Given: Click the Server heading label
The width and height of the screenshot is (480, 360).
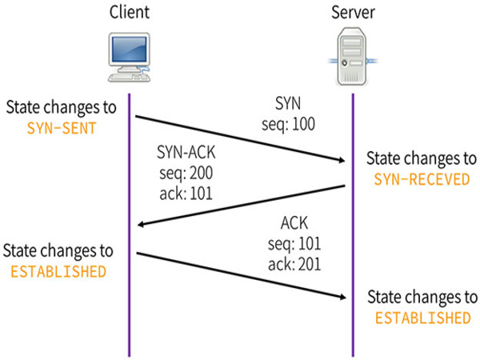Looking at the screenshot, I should click(353, 14).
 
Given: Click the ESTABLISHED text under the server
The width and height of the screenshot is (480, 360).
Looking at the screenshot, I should click(422, 318).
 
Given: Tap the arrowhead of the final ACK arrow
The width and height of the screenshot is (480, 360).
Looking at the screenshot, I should click(342, 298).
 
